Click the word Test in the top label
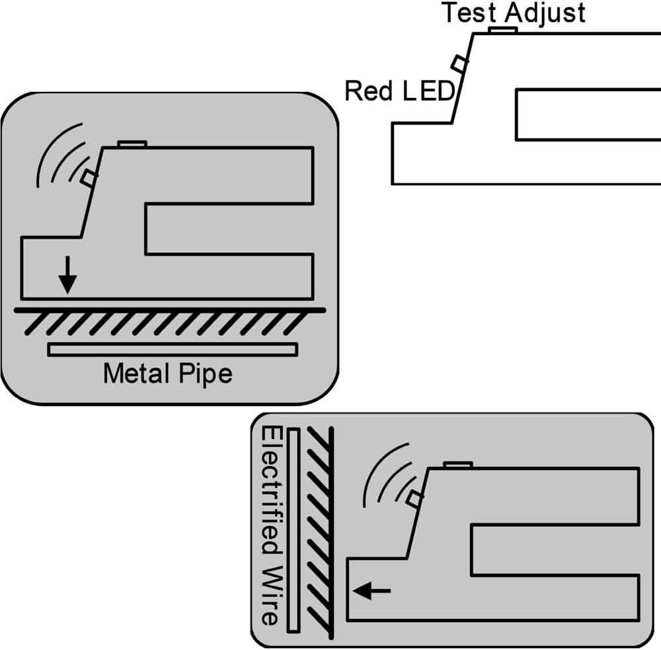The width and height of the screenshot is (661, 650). tap(465, 13)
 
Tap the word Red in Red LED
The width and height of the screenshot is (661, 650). tap(367, 91)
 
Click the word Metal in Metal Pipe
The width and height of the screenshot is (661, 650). tap(135, 374)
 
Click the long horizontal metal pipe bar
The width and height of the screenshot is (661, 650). tap(173, 349)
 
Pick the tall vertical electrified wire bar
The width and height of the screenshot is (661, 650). tap(295, 528)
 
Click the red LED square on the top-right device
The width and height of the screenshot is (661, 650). tap(459, 63)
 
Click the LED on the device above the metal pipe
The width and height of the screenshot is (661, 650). tap(89, 177)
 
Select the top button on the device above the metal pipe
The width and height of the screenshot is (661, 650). tap(132, 143)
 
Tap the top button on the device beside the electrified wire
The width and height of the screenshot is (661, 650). tap(458, 465)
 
